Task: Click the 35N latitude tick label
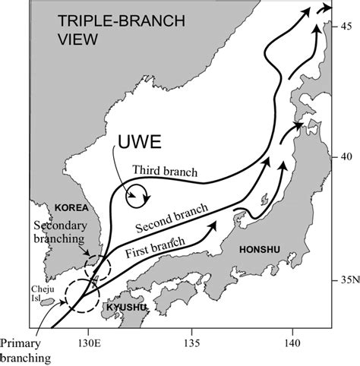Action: pos(348,280)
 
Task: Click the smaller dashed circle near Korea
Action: pos(97,266)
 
